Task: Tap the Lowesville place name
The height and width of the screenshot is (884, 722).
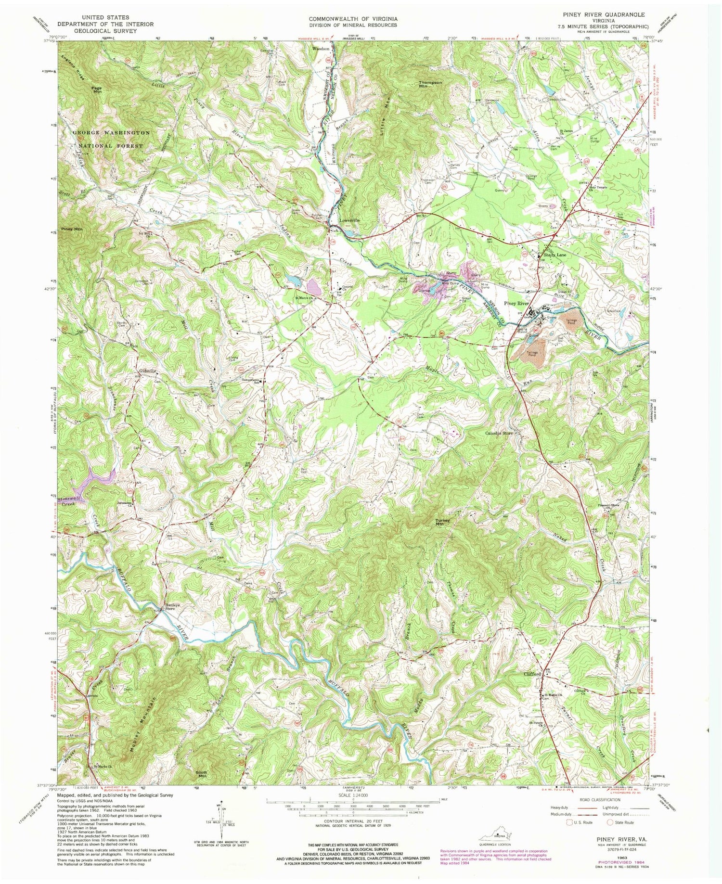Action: point(349,220)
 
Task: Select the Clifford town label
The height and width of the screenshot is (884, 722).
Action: point(533,674)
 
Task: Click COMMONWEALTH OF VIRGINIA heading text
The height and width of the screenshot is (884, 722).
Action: point(353,19)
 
